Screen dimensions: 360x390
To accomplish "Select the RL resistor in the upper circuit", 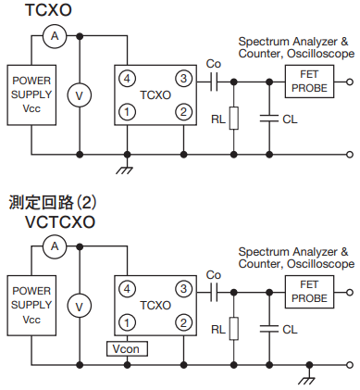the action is pos(234,118).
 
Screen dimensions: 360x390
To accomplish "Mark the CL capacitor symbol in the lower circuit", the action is pos(269,329).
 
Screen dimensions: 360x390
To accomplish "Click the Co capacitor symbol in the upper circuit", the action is pos(214,82).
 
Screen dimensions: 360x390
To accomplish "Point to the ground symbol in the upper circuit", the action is pos(125,170).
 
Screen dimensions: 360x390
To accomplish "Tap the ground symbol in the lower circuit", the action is pos(307,381).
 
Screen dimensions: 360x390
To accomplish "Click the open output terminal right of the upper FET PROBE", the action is pos(350,82).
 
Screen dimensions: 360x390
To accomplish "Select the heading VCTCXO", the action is pos(60,221).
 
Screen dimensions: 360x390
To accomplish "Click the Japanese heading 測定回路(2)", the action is pos(53,202).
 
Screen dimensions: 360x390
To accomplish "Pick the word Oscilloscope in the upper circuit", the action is pos(320,54).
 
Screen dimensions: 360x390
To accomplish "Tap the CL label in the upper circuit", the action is pos(290,120).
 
